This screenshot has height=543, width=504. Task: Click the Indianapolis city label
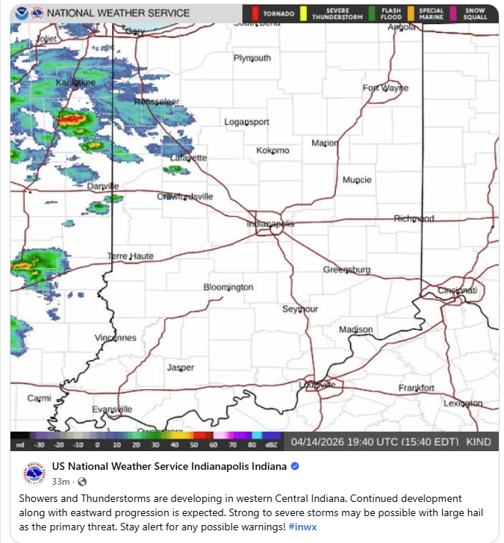tap(270, 223)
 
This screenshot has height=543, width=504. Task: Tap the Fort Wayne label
tap(385, 87)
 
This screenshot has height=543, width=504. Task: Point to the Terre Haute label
tap(131, 256)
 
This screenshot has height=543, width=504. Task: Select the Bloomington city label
tap(228, 287)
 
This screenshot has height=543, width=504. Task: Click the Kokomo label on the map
tap(273, 150)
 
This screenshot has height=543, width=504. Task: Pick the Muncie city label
tap(357, 180)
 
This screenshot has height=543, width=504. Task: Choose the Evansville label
tap(112, 409)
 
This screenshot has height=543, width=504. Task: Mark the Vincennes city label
tap(116, 338)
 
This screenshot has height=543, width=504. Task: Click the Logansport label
tap(247, 122)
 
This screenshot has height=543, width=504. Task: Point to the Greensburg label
tap(346, 270)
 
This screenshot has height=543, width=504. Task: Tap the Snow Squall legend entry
tap(475, 13)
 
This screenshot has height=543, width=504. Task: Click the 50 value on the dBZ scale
tap(193, 446)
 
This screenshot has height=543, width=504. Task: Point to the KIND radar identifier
tap(479, 442)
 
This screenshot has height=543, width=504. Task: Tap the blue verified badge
tap(295, 467)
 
